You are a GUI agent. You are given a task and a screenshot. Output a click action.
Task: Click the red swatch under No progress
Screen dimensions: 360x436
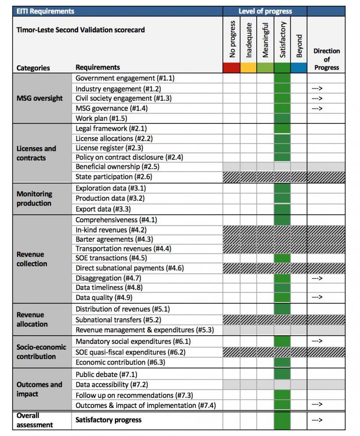[232, 68]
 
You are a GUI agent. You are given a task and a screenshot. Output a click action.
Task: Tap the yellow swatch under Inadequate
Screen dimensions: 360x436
[248, 68]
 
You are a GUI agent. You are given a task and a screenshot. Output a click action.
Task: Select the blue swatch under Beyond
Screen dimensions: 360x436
[299, 68]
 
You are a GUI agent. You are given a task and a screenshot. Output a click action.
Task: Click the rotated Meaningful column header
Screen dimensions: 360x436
[265, 40]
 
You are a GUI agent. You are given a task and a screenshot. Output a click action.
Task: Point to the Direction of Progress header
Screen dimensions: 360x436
[326, 59]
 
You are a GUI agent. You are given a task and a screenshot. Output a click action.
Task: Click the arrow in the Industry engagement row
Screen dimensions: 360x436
[317, 88]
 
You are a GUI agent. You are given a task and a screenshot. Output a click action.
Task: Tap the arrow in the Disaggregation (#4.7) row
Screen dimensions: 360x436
[317, 278]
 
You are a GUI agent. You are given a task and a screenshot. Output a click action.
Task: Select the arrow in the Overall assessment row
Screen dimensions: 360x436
[317, 420]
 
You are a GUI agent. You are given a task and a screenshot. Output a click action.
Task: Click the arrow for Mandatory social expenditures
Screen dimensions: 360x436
[317, 341]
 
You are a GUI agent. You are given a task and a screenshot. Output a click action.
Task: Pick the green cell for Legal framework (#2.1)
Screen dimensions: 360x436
[282, 128]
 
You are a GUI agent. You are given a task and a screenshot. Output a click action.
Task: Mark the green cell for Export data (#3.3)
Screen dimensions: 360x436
[282, 209]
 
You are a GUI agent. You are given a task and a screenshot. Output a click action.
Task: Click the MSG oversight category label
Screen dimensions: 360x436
[40, 98]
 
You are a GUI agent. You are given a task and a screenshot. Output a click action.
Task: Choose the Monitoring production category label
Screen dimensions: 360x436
[34, 199]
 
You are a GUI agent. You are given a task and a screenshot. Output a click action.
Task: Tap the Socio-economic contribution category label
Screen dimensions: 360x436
[41, 352]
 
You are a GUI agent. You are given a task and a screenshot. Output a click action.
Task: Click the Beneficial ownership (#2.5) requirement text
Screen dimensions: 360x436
[117, 166]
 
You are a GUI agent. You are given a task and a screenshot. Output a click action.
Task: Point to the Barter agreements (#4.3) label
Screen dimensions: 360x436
[114, 239]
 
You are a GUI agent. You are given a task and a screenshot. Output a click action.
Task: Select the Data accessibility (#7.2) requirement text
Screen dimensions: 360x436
[111, 384]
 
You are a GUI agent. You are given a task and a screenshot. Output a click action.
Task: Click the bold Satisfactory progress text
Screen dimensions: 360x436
[108, 420]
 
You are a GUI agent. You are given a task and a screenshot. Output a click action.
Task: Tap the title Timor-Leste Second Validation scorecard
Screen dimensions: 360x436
[81, 30]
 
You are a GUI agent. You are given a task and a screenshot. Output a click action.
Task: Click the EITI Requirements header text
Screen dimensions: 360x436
[45, 11]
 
